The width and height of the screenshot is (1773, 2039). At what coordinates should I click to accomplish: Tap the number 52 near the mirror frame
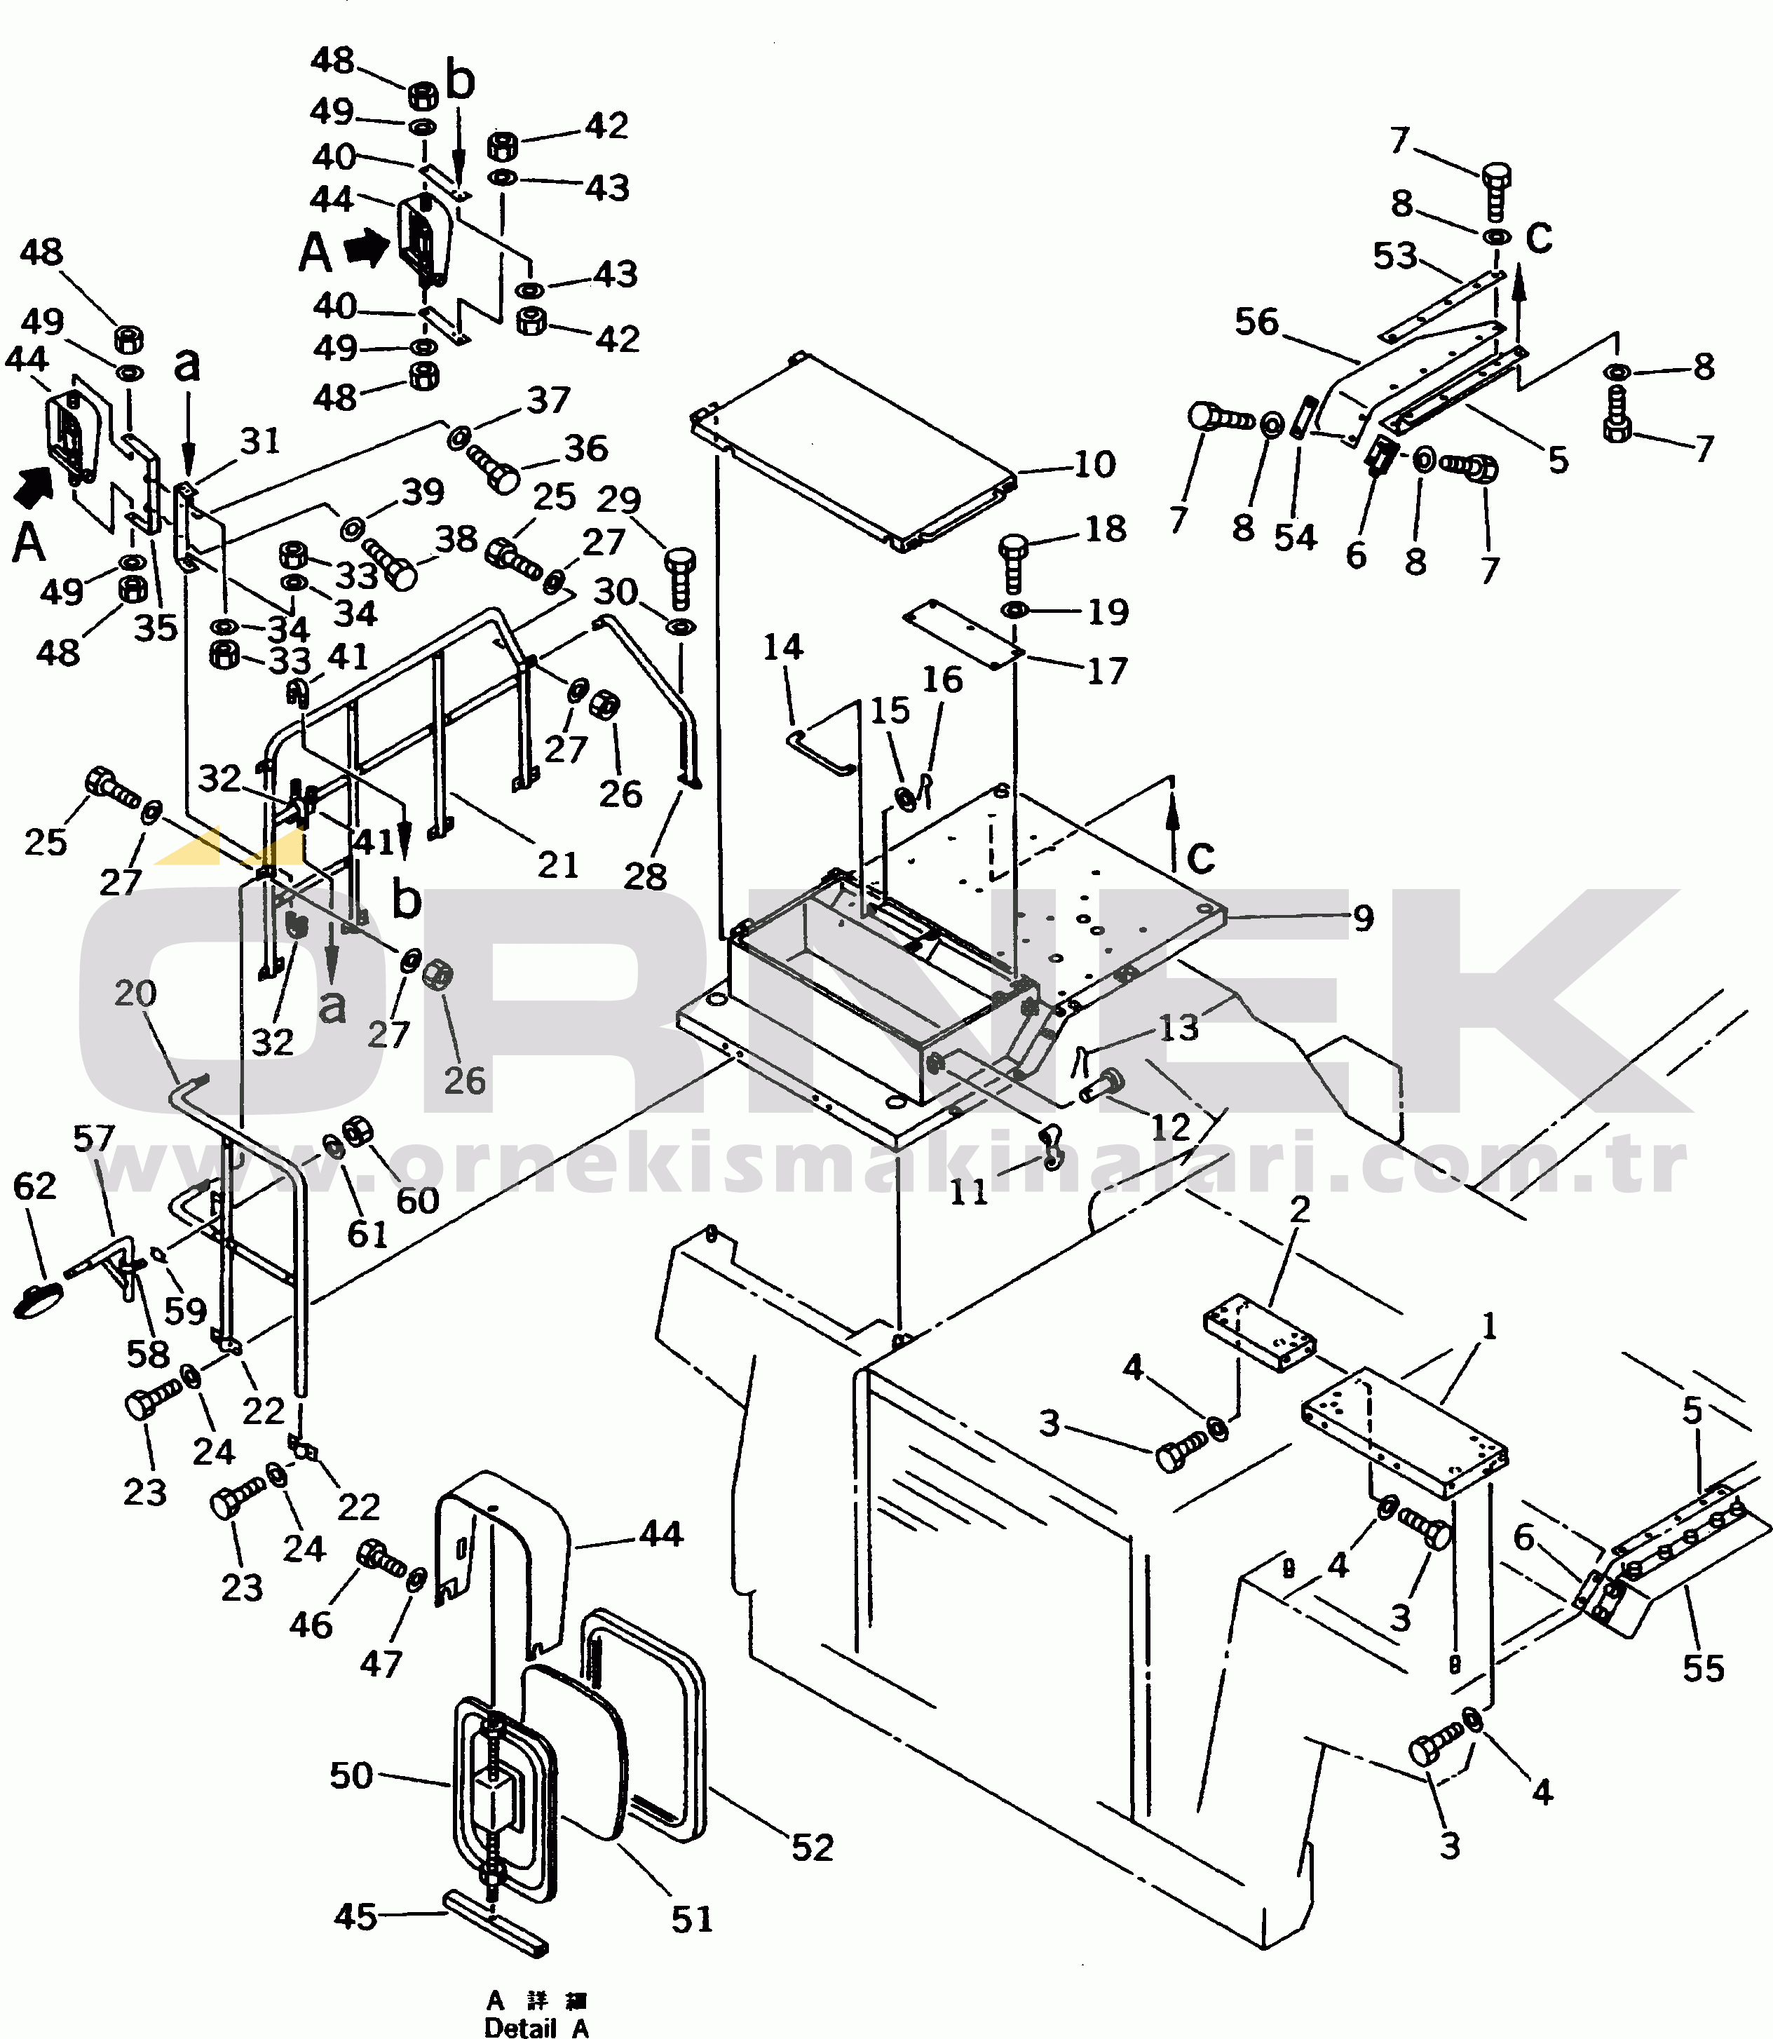click(813, 1846)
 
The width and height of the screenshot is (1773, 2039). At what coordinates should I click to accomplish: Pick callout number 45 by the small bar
click(355, 1916)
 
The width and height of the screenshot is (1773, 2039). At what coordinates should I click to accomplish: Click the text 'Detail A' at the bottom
click(536, 2028)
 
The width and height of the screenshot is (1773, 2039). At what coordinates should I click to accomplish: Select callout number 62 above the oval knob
click(34, 1185)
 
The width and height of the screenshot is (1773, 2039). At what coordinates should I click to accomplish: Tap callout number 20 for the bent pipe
click(135, 992)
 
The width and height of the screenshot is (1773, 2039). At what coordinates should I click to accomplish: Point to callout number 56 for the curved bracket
click(1256, 322)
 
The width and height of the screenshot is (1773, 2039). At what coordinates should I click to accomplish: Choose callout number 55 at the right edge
click(1703, 1668)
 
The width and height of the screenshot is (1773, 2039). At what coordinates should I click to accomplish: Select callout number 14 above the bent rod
click(782, 647)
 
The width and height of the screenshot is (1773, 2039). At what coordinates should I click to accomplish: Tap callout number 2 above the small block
click(1299, 1208)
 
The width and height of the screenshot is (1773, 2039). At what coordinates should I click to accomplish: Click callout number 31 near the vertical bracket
click(259, 440)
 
